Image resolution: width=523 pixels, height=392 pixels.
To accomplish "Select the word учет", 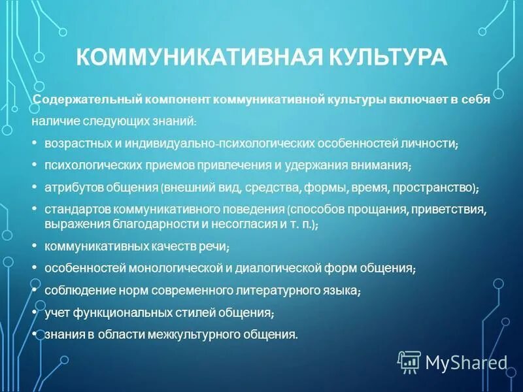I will click(x=57, y=312).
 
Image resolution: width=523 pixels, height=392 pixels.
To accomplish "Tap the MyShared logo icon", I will click(x=409, y=361).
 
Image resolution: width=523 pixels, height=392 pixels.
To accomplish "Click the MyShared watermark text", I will click(x=466, y=362).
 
